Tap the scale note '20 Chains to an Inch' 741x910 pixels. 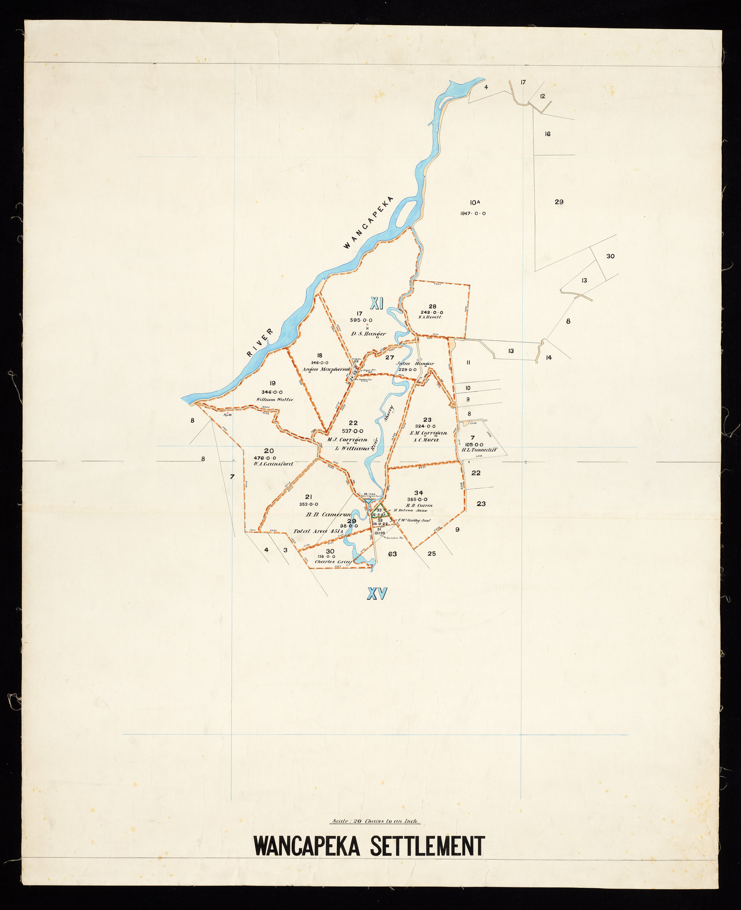pos(376,821)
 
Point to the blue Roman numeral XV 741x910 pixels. pos(377,593)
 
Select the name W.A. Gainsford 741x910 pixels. pos(273,464)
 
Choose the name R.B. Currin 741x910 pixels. pos(419,505)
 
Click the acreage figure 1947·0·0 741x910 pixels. pos(472,213)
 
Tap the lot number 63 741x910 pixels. pos(392,554)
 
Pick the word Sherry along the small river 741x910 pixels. pos(388,413)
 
